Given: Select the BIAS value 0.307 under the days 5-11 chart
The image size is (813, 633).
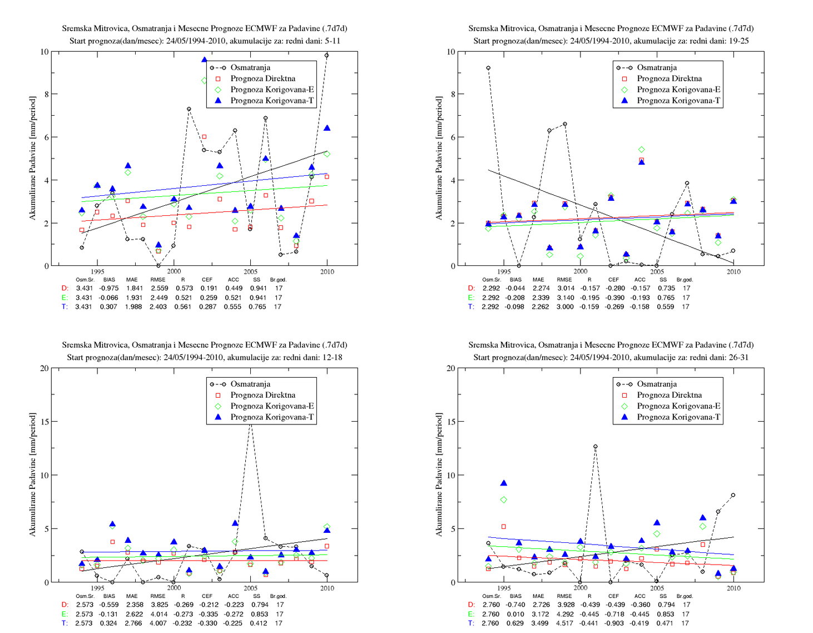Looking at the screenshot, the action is point(108,306).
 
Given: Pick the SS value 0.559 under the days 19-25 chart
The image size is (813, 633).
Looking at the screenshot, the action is point(666,306).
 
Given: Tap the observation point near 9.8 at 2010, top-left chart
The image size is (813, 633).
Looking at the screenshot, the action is point(326,56).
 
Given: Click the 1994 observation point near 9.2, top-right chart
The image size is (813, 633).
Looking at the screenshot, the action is point(488,68).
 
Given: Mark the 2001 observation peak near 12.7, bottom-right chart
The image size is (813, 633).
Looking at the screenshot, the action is point(596,446).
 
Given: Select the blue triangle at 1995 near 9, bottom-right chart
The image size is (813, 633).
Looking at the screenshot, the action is point(504,483).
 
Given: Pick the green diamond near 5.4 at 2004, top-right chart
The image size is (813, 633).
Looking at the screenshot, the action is point(641,150).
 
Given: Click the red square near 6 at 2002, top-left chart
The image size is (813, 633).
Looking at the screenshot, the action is point(204,137).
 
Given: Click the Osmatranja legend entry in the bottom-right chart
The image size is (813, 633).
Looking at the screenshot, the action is point(647,384).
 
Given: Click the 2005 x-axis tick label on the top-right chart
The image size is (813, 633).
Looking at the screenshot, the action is point(657,271).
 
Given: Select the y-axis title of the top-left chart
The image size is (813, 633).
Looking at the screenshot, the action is point(33,158).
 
